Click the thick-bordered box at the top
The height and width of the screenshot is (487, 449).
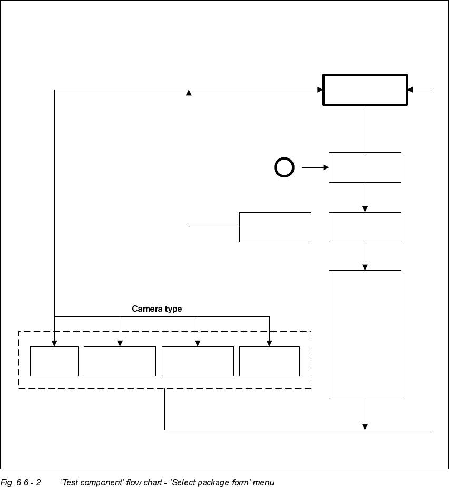[365, 90]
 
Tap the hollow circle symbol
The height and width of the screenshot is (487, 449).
[284, 168]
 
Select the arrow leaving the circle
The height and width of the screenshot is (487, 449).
[315, 168]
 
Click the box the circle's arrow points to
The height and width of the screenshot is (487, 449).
[365, 167]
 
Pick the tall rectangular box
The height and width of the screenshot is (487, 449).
[365, 334]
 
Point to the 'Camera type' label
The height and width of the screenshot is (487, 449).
[157, 309]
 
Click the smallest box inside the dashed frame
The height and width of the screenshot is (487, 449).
[54, 361]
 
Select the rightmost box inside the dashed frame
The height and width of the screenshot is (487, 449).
[269, 361]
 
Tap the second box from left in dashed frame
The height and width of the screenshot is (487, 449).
[120, 361]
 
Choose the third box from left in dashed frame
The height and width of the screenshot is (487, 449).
[198, 361]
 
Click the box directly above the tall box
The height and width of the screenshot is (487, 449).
[365, 227]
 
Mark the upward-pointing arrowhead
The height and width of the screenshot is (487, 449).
[189, 93]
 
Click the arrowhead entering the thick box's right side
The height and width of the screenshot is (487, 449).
[410, 90]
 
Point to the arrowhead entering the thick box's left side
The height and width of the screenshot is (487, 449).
[319, 90]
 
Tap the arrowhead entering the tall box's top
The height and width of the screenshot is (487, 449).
[365, 267]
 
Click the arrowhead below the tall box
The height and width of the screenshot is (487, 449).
[365, 426]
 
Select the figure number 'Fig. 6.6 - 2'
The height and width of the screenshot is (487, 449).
[21, 482]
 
